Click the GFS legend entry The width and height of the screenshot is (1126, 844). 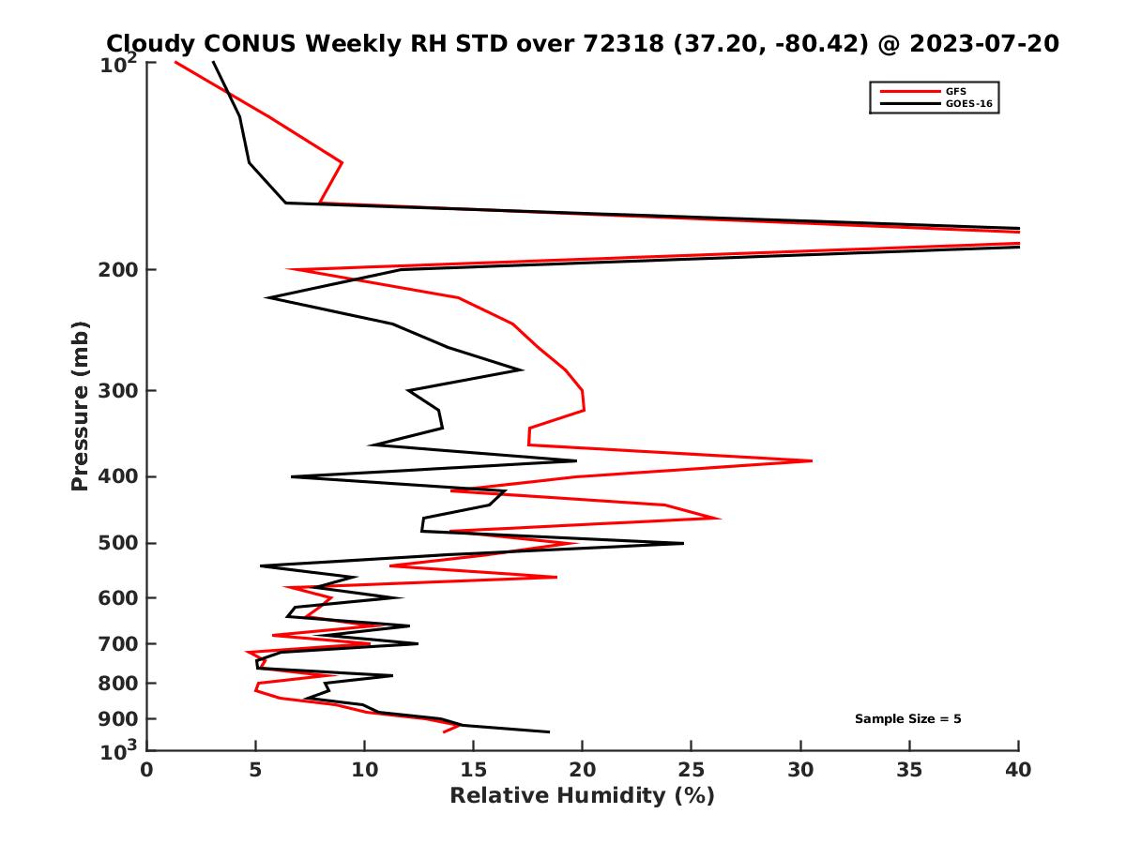tap(957, 91)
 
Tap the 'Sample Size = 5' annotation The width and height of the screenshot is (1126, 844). tap(907, 719)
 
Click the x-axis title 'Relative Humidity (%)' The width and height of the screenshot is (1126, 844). tap(582, 796)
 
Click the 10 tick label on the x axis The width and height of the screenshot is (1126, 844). tap(364, 771)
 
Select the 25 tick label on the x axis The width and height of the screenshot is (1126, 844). tap(691, 771)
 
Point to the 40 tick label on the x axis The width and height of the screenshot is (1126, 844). tap(1018, 771)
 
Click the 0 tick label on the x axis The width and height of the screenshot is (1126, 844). tap(146, 771)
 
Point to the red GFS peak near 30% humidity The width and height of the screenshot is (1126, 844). tap(812, 460)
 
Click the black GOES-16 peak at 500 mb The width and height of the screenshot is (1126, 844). tap(683, 543)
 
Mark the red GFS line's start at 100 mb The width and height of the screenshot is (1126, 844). tap(175, 62)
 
